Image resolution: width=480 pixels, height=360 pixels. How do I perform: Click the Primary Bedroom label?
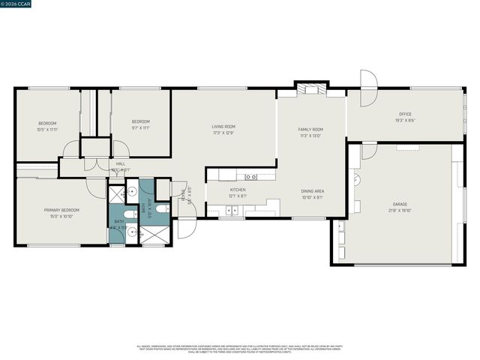click(61, 210)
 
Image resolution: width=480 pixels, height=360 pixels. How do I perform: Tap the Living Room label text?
click(223, 127)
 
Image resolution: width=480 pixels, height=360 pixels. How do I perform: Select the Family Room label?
click(310, 130)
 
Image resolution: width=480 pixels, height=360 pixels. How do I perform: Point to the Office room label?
click(405, 114)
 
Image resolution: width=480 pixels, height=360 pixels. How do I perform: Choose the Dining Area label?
click(313, 191)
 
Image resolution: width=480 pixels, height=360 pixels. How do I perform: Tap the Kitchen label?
click(238, 190)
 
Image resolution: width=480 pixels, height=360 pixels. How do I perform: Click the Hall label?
click(120, 163)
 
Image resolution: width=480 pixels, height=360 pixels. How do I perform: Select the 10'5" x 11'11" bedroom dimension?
click(47, 129)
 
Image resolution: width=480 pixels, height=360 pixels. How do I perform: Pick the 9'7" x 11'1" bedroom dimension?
click(141, 128)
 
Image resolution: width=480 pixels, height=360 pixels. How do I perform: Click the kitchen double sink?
click(233, 210)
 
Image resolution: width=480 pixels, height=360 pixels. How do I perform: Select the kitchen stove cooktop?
click(250, 177)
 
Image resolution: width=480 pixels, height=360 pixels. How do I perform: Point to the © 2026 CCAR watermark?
click(16, 4)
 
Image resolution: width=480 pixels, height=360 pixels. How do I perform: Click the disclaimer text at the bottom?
click(240, 349)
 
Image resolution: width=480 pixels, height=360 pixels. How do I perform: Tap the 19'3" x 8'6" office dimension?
click(405, 120)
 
